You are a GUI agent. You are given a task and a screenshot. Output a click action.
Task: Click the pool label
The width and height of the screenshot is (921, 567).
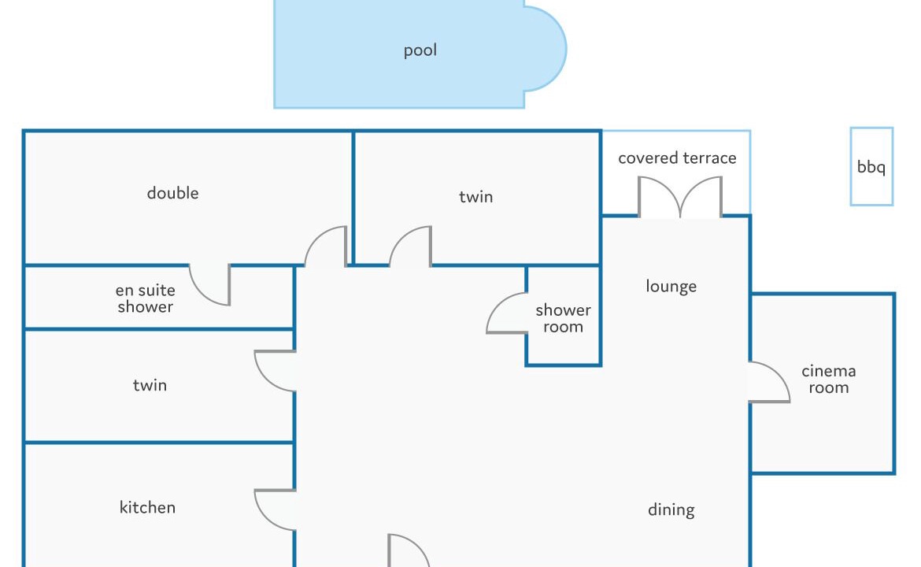click(x=420, y=50)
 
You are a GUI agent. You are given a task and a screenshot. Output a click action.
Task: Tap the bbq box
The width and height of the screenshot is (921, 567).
click(x=871, y=166)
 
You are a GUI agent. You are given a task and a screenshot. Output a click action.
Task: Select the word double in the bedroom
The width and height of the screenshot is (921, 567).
click(x=172, y=193)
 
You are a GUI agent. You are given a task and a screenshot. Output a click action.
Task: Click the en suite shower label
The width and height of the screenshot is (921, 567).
click(x=145, y=298)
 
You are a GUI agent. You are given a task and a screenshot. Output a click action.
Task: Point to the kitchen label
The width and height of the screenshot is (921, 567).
click(x=147, y=507)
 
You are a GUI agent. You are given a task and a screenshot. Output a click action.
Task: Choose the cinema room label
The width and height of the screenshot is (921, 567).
click(x=828, y=379)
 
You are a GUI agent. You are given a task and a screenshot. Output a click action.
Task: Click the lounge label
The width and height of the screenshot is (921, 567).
click(x=671, y=286)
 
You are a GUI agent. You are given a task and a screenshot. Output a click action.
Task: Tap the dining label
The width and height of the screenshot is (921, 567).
click(x=671, y=510)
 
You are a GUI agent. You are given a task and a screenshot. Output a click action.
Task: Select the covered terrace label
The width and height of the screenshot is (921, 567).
click(x=677, y=158)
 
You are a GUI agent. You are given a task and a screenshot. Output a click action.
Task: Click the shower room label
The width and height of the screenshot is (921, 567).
click(x=563, y=318)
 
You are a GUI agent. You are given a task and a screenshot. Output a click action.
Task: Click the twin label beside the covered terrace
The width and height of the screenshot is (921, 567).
click(x=475, y=196)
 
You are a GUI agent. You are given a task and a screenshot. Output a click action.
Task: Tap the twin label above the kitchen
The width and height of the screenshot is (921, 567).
click(x=150, y=385)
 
